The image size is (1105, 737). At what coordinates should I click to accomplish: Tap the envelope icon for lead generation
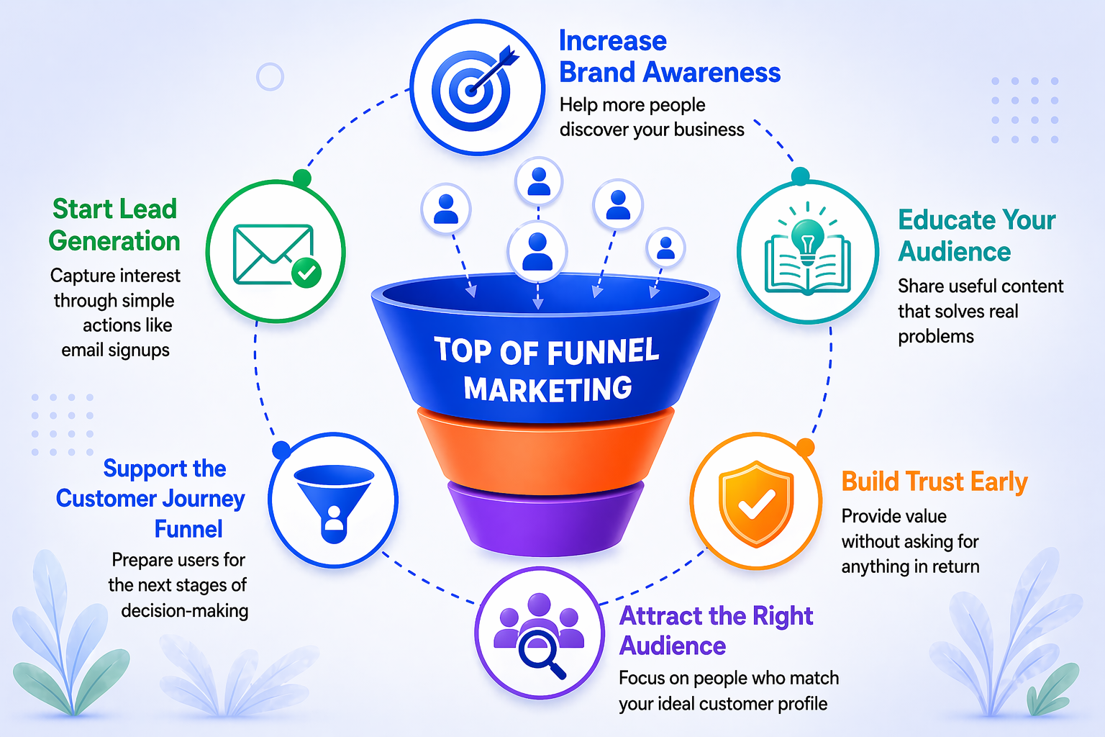[273, 254]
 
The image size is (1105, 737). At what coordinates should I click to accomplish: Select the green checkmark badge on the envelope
[306, 272]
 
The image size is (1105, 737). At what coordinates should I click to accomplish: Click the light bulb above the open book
[808, 239]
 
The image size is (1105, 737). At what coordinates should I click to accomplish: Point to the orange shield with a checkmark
[756, 504]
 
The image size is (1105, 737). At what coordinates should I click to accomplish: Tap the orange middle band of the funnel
[545, 452]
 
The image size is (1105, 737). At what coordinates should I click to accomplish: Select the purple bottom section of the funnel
[545, 518]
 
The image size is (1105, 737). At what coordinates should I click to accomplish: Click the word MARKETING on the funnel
[547, 389]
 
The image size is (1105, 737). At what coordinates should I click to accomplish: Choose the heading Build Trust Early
[935, 481]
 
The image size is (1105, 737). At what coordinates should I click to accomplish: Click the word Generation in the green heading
[114, 241]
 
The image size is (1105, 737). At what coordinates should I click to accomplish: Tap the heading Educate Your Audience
[977, 235]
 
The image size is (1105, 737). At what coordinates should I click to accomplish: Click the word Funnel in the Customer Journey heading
[188, 529]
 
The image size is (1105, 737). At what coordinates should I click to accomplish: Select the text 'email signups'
[115, 351]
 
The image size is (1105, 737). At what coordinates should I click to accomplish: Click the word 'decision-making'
[184, 610]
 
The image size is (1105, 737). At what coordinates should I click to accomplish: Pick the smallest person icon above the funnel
[666, 248]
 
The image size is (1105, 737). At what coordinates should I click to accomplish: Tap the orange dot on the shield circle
[805, 447]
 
